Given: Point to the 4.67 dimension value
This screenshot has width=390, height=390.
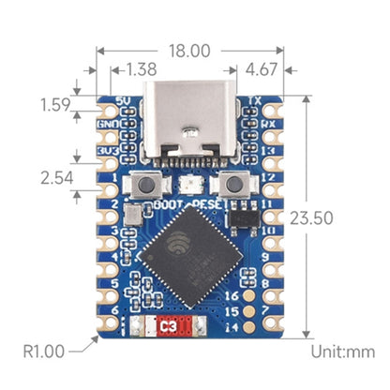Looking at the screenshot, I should coord(264,69).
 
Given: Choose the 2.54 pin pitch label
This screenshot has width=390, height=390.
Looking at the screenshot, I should coord(55,175).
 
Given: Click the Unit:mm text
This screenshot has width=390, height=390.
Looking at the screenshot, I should coord(344,352).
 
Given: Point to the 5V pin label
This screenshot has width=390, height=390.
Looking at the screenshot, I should coord(123,101).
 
